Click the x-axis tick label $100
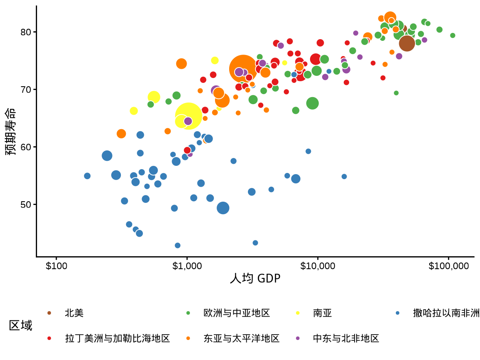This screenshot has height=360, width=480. point(56,266)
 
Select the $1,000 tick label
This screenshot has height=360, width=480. point(187,266)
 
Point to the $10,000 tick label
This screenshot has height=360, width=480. point(317,266)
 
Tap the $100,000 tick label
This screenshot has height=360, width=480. point(448,266)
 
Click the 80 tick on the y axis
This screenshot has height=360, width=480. point(26,32)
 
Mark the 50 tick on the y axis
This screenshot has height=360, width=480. point(26,204)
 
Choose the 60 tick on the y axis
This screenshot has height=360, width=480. point(26,147)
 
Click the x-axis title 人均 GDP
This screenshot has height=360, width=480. point(255,279)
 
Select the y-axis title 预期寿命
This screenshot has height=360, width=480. point(11,131)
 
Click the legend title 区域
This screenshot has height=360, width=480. point(20,325)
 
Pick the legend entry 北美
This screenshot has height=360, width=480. point(74,313)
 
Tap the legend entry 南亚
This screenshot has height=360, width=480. point(322,313)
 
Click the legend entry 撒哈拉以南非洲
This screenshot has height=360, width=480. point(446,313)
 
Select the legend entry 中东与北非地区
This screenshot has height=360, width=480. point(346,338)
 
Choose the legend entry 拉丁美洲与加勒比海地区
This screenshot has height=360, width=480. point(117,338)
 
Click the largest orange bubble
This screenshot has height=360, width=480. point(243,69)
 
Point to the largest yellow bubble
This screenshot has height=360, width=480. point(188,115)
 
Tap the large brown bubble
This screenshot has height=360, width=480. point(407,43)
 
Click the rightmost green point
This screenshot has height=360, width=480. point(452,35)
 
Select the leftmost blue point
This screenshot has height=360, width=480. point(87,176)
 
